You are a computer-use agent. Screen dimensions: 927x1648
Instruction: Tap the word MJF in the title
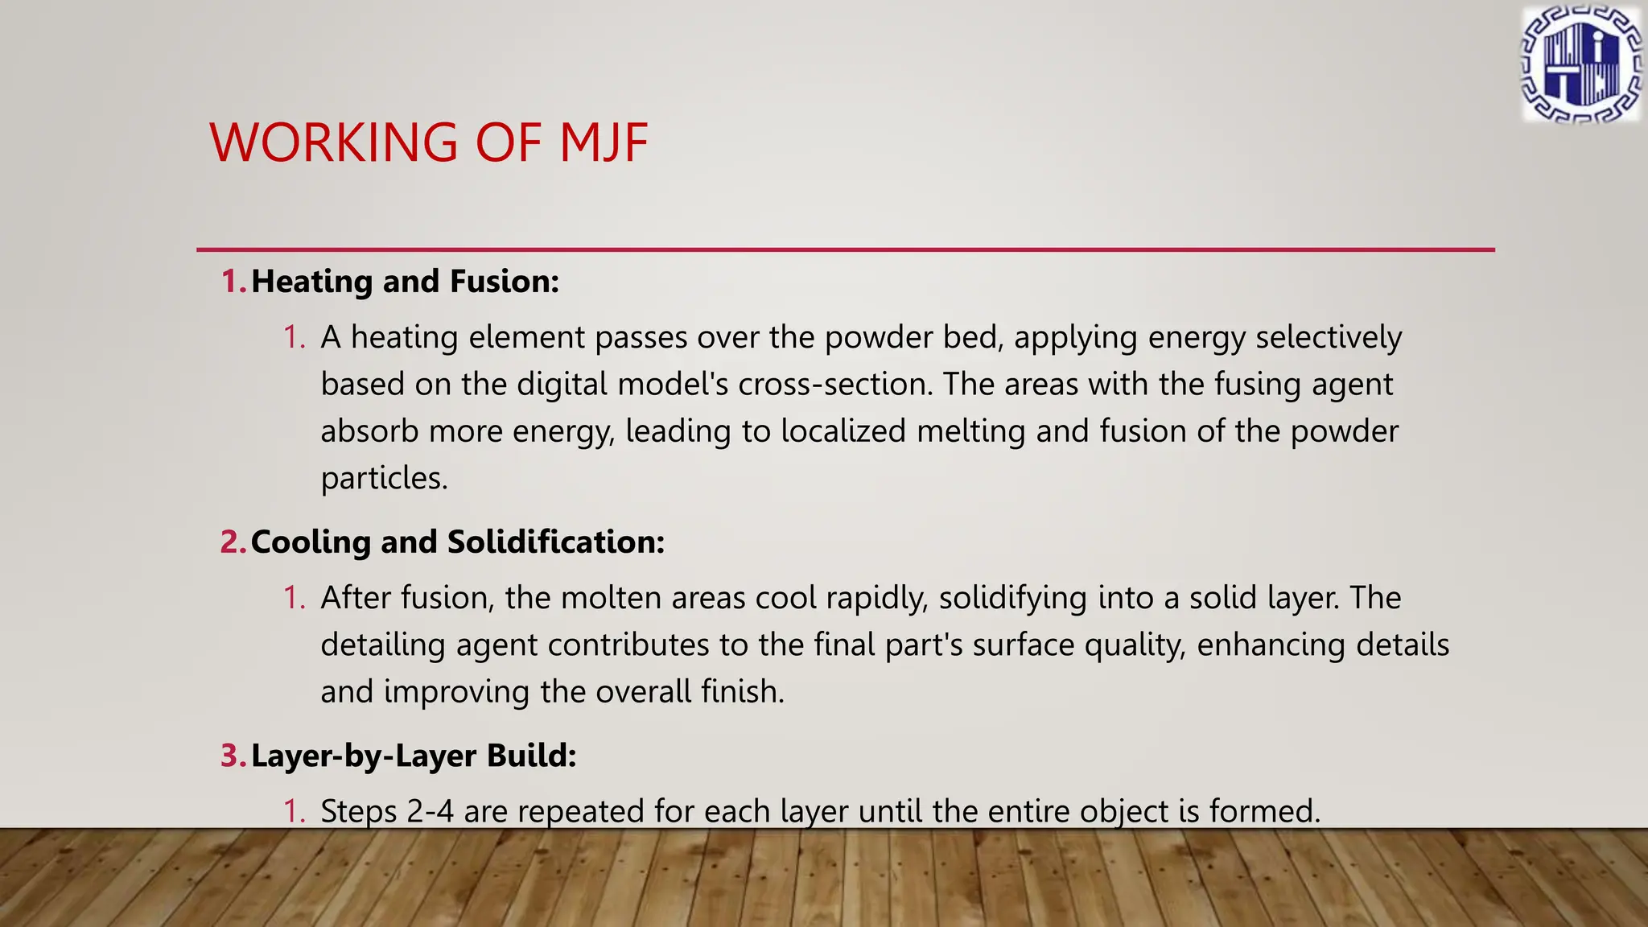(604, 143)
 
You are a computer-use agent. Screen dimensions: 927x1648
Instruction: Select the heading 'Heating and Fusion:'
(405, 282)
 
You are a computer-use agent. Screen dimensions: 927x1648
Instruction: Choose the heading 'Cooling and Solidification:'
(458, 542)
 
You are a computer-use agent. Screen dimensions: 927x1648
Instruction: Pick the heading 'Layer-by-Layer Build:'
(414, 756)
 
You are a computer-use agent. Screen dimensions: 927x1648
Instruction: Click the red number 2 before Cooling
(232, 542)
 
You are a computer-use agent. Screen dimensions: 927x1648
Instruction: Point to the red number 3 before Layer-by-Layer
(232, 756)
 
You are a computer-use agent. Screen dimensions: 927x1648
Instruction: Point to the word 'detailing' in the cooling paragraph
(382, 645)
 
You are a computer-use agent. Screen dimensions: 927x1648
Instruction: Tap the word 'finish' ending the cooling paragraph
(740, 692)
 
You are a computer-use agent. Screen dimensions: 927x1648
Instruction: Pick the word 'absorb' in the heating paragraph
(369, 431)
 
